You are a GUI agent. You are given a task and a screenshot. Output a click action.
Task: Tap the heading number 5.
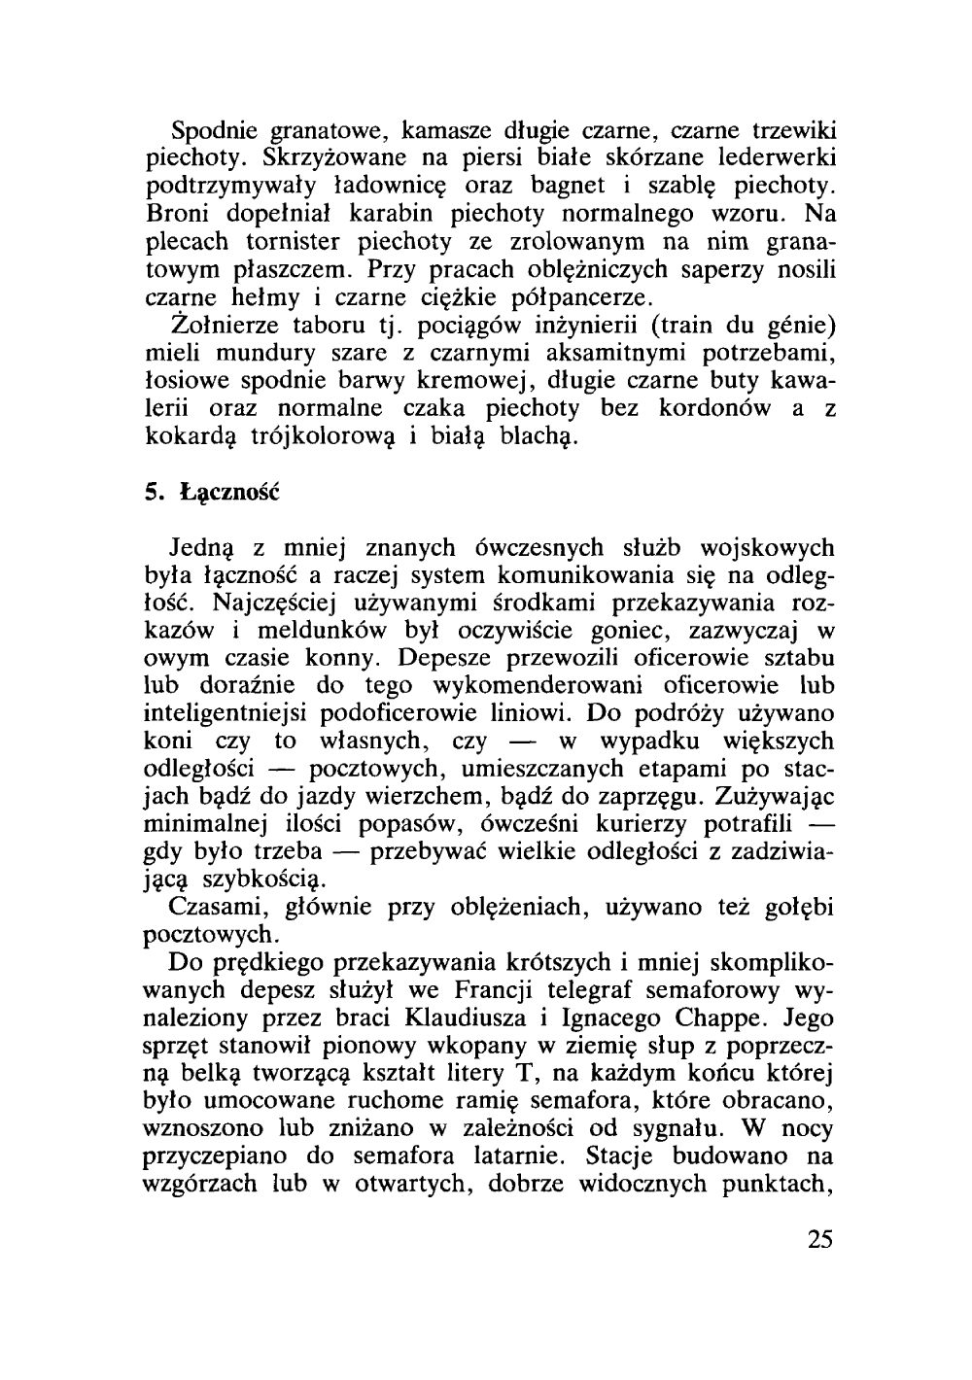pos(152,493)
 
